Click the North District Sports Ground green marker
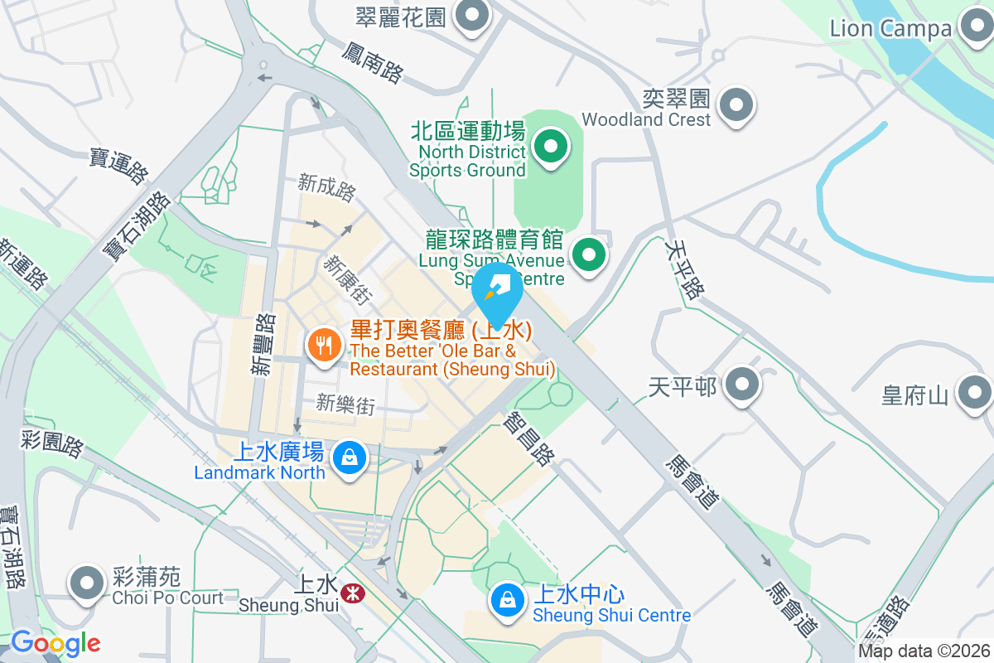[549, 148]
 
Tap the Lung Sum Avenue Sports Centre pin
[589, 254]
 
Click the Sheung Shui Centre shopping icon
[508, 600]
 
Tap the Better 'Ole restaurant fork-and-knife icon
[321, 344]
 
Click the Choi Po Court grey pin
[87, 583]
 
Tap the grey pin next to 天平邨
[742, 385]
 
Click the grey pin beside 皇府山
[974, 393]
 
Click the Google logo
[55, 643]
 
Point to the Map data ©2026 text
[924, 651]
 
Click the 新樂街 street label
[345, 404]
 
